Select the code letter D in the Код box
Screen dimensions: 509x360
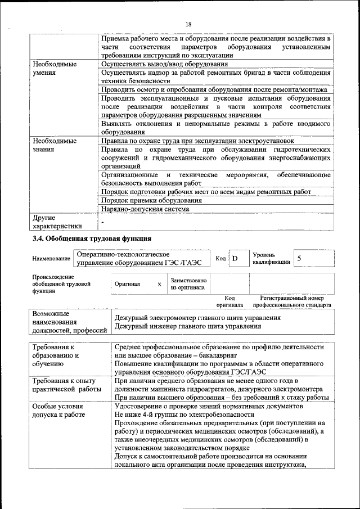pos(235,258)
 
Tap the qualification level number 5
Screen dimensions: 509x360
pos(300,258)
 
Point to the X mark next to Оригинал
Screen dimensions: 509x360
pos(159,285)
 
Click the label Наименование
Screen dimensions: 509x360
pos(51,259)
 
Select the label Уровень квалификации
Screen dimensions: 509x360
pos(271,258)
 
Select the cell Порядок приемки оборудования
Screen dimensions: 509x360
pos(151,200)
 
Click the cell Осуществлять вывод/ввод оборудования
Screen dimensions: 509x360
pos(164,64)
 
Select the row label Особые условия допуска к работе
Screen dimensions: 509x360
pos(58,410)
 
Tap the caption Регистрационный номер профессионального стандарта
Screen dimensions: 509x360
pos(292,301)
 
